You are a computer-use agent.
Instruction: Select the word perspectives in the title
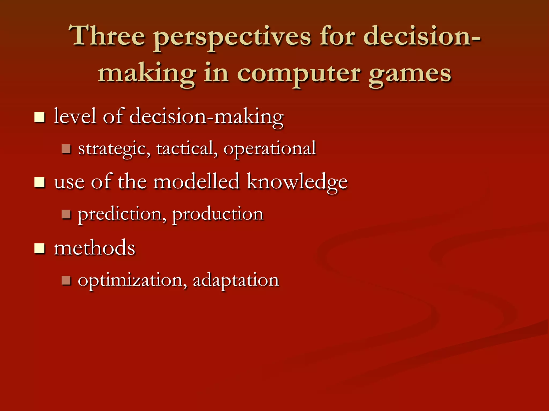(x=232, y=37)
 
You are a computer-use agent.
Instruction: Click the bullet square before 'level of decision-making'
(x=40, y=117)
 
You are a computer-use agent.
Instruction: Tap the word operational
(x=270, y=149)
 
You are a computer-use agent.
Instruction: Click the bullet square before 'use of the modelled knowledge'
(x=40, y=183)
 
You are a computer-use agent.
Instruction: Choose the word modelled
(x=196, y=181)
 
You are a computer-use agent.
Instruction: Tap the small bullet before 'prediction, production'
(x=66, y=214)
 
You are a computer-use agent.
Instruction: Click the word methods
(x=94, y=248)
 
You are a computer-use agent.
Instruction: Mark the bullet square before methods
(x=40, y=248)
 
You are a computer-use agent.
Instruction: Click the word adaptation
(x=236, y=280)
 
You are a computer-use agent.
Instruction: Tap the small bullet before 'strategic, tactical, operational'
(x=66, y=149)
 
